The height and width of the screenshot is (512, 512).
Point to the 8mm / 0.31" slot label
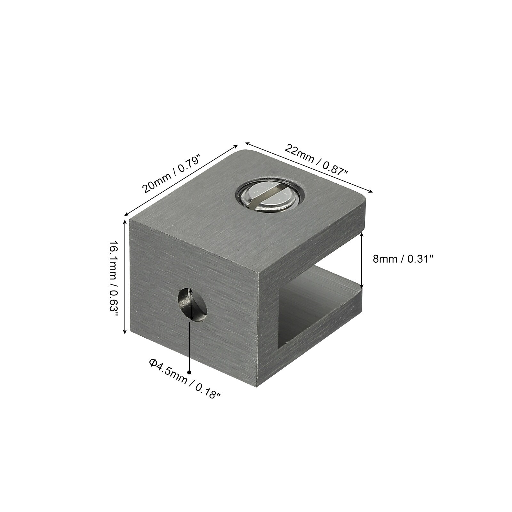pos(403,259)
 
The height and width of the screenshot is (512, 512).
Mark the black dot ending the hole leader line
pos(189,372)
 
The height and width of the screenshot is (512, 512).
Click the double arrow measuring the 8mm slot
pos(362,260)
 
